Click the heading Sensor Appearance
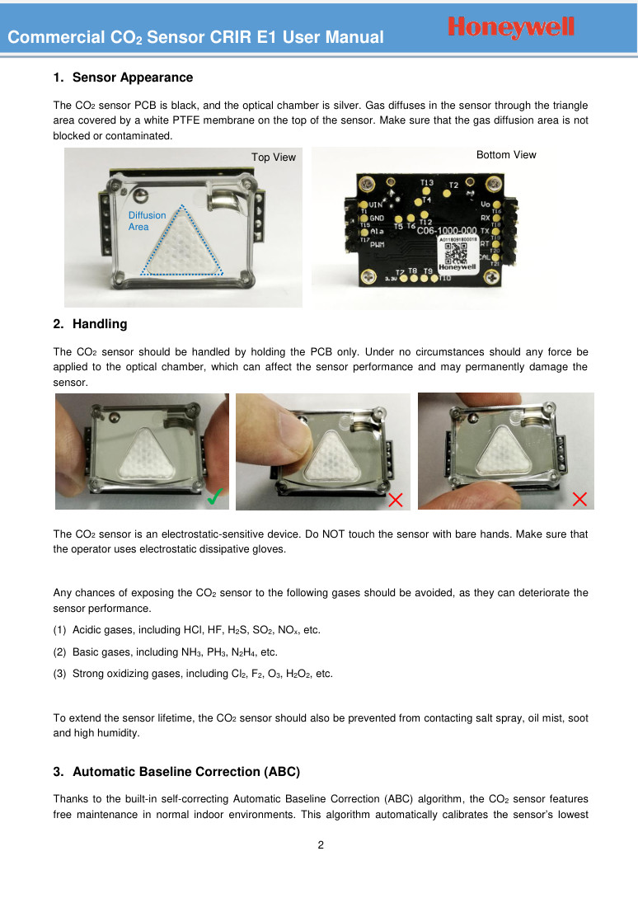click(x=132, y=78)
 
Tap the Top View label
click(x=274, y=158)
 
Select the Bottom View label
click(x=506, y=155)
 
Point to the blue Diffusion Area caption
click(x=148, y=221)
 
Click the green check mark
click(x=217, y=496)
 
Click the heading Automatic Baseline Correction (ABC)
click(x=185, y=773)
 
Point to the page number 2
click(x=320, y=845)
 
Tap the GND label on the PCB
click(x=378, y=219)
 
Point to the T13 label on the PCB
click(x=427, y=182)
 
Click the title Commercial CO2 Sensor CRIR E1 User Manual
click(x=195, y=37)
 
